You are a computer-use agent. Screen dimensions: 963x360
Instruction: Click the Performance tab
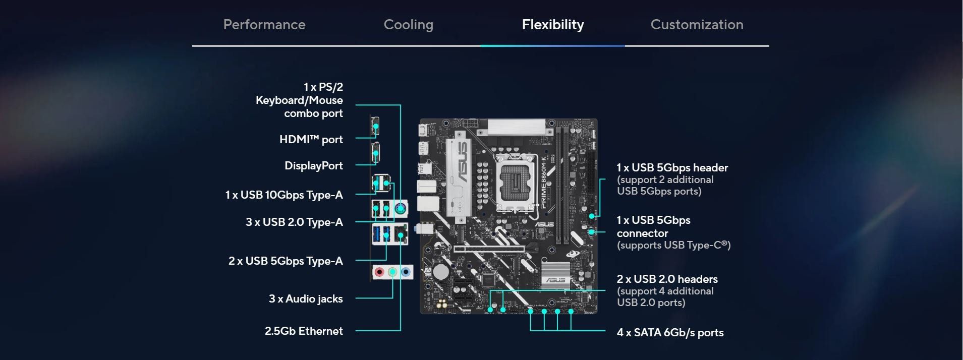tap(264, 25)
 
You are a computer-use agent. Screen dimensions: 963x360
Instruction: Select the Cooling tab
tap(409, 25)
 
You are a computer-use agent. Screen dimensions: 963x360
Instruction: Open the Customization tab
tap(697, 25)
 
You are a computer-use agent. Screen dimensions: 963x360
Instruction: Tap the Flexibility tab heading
tap(553, 25)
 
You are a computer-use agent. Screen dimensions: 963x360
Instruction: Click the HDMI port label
tap(311, 139)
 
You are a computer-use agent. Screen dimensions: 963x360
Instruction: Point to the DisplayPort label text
tap(314, 166)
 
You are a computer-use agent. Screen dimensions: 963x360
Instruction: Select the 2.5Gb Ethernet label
tap(304, 331)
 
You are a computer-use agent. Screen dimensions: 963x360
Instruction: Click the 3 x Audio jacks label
tap(306, 298)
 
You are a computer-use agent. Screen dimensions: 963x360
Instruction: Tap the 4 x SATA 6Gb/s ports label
tap(670, 332)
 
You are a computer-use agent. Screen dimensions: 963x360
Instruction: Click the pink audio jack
tap(379, 273)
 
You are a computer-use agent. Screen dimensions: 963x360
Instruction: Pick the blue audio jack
tap(406, 273)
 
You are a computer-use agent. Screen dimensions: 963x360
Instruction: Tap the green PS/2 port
tap(401, 208)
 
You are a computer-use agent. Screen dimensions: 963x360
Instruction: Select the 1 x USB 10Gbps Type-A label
tap(284, 195)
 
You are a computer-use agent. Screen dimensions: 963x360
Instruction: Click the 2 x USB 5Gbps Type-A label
tap(286, 261)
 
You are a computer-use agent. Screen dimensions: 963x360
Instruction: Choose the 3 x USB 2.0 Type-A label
tap(294, 222)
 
